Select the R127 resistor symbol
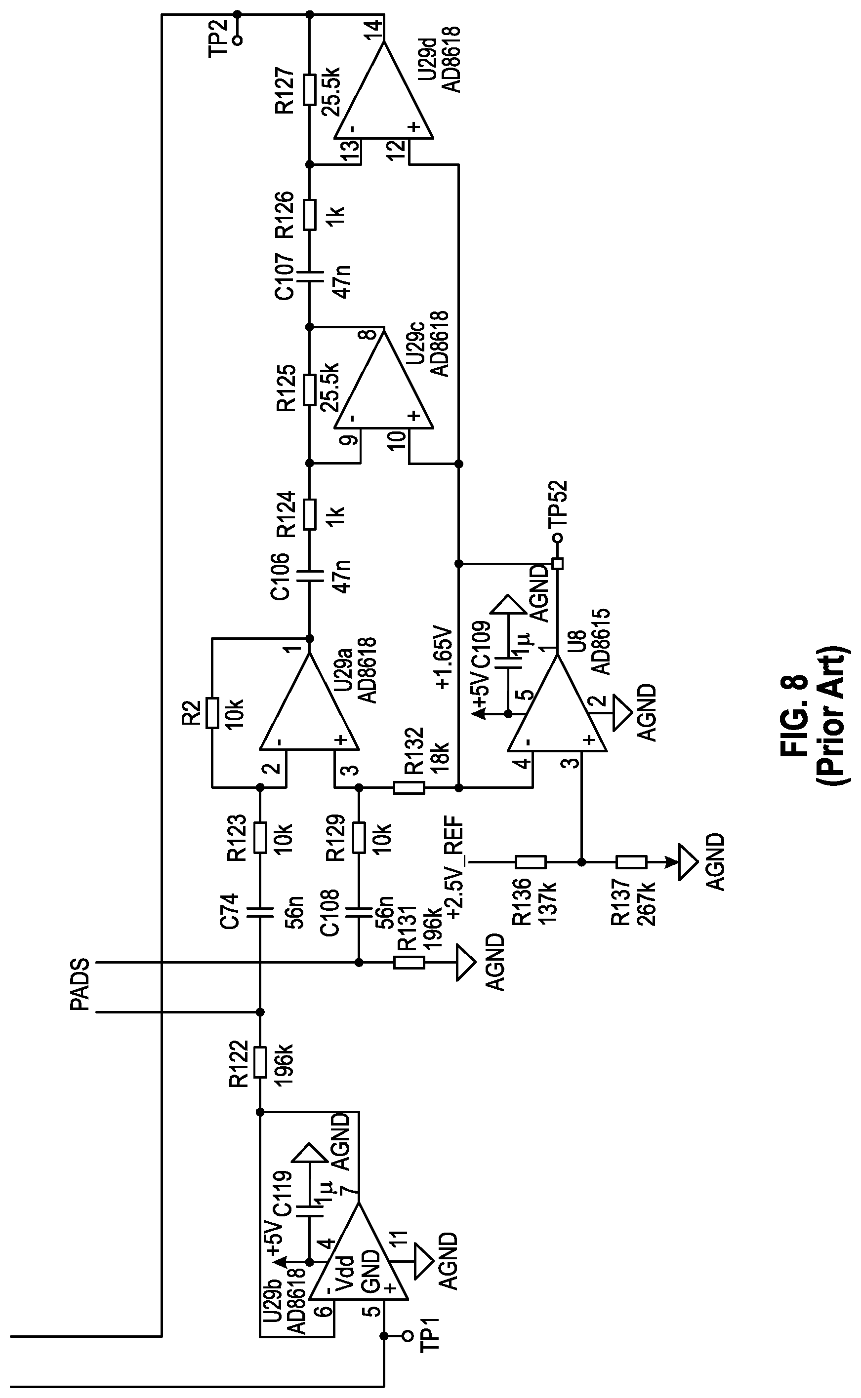tap(309, 89)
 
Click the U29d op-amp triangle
tap(383, 90)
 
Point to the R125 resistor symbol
tap(309, 389)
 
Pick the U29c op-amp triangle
tap(383, 378)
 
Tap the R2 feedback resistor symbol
tap(212, 712)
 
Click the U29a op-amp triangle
tap(309, 701)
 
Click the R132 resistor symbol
tap(409, 788)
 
